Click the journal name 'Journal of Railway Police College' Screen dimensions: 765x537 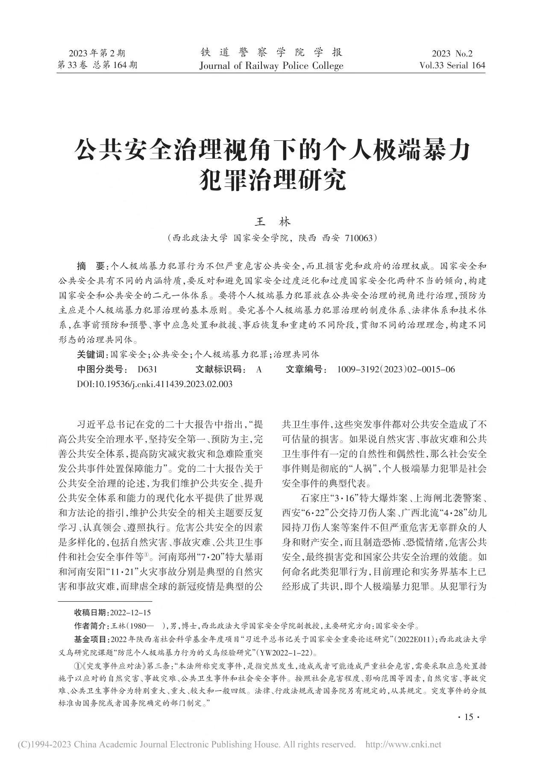(x=271, y=65)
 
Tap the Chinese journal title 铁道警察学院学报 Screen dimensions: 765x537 (x=271, y=53)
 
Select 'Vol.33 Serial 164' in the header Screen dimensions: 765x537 (x=452, y=65)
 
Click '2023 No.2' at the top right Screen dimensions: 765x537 (x=452, y=53)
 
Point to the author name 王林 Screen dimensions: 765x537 (x=273, y=222)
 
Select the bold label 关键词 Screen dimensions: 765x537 (x=91, y=354)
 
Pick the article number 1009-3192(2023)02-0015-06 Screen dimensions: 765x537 (x=396, y=369)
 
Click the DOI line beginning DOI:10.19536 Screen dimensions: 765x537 (x=155, y=384)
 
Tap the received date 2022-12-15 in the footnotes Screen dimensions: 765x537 (x=130, y=612)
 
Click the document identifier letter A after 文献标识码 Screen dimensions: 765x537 (x=259, y=369)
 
